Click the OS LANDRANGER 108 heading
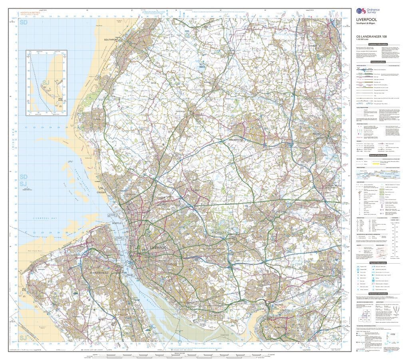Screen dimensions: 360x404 [x=371, y=37]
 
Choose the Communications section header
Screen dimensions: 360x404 [x=377, y=62]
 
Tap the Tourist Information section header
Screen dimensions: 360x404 [x=377, y=263]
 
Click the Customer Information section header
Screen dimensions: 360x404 [x=377, y=44]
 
